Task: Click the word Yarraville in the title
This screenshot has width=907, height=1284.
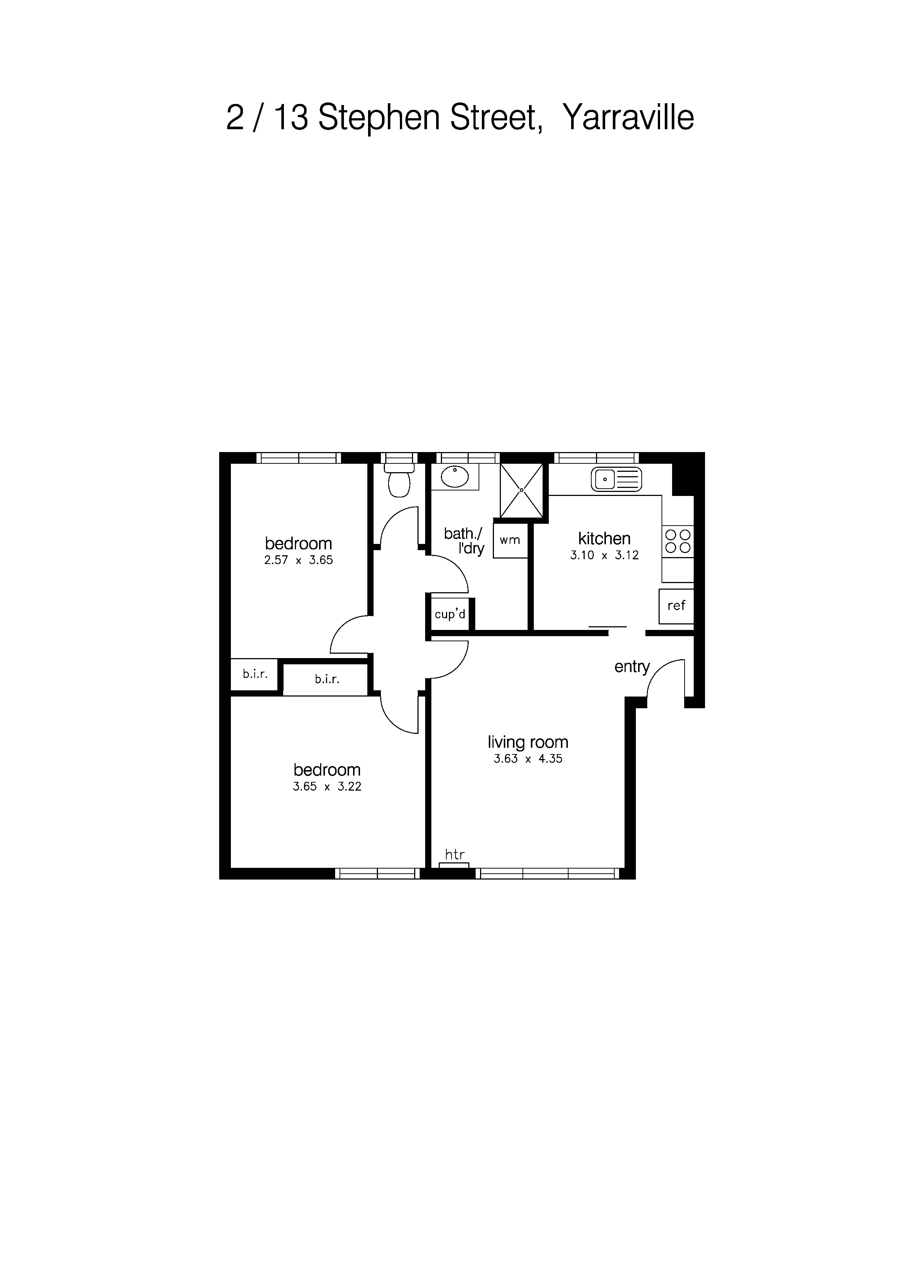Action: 628,117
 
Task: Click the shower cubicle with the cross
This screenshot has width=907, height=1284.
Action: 521,490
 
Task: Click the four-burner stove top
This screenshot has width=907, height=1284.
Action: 678,541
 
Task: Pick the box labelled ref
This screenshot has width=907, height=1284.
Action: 676,606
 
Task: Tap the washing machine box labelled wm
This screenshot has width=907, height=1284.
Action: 510,540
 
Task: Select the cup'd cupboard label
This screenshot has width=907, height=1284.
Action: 450,615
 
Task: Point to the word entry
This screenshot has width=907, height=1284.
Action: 632,667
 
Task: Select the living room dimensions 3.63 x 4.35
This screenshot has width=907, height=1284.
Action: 528,759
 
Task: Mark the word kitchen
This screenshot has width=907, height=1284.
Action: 604,538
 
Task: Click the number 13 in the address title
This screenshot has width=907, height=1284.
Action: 291,117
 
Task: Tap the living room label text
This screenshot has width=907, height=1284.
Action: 528,742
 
